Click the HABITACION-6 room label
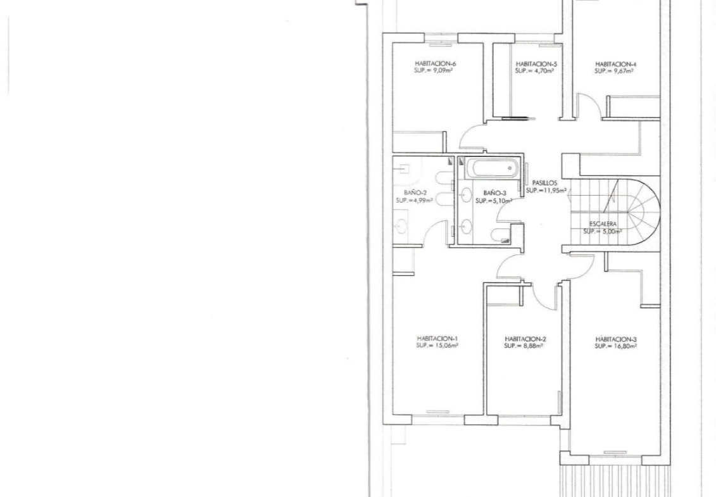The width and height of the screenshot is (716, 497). pyautogui.click(x=435, y=63)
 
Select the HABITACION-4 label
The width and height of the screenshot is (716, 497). pyautogui.click(x=616, y=65)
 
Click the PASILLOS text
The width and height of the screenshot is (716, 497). pyautogui.click(x=545, y=183)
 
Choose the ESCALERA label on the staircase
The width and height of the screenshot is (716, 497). pyautogui.click(x=603, y=224)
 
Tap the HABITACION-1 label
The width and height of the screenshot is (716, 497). pyautogui.click(x=437, y=339)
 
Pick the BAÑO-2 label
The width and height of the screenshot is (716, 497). pyautogui.click(x=415, y=192)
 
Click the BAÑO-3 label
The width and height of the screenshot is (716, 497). pyautogui.click(x=494, y=193)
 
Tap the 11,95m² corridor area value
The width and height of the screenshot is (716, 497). pyautogui.click(x=554, y=190)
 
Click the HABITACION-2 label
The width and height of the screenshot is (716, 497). pyautogui.click(x=525, y=339)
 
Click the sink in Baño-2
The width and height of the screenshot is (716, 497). pyautogui.click(x=401, y=225)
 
